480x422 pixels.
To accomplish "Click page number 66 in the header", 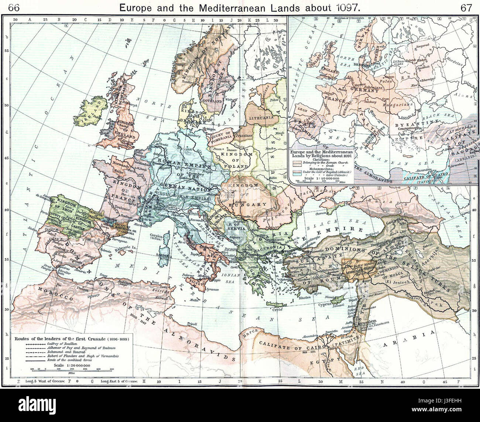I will [14, 7].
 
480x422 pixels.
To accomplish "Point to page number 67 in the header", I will [466, 7].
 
